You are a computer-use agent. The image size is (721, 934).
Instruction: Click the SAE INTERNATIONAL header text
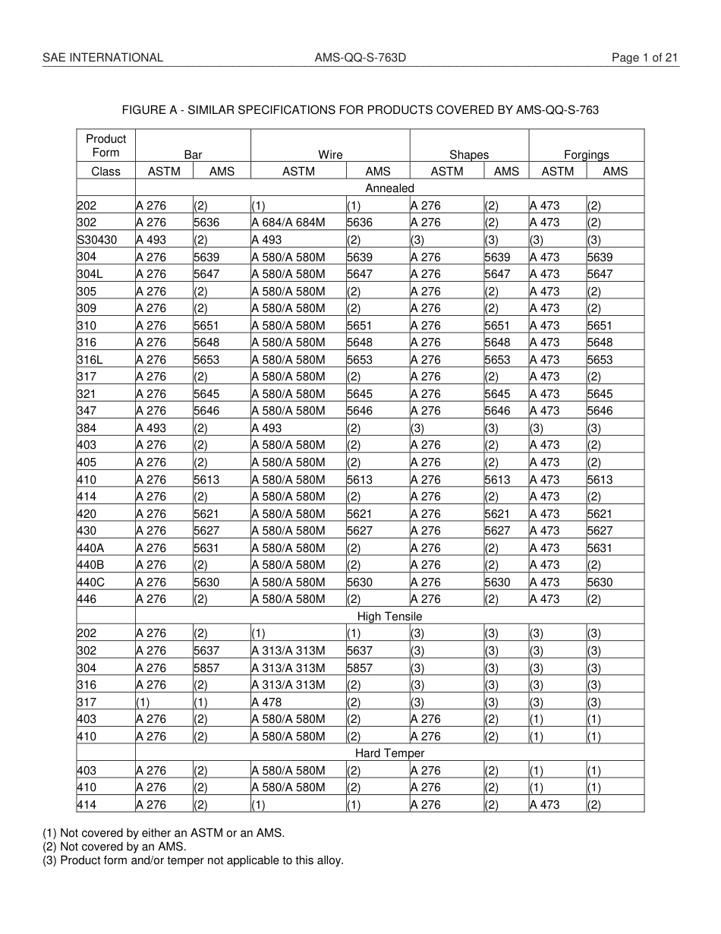pyautogui.click(x=102, y=58)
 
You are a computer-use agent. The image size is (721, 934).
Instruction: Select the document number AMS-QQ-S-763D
pyautogui.click(x=360, y=58)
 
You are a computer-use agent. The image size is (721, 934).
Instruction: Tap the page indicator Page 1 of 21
pyautogui.click(x=645, y=58)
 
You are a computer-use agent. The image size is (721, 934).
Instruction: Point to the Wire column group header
pyautogui.click(x=330, y=154)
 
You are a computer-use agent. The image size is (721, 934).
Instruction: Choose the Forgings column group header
pyautogui.click(x=586, y=154)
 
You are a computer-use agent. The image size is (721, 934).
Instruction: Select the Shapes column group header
pyautogui.click(x=469, y=154)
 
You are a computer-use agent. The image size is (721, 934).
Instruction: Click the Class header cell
pyautogui.click(x=105, y=172)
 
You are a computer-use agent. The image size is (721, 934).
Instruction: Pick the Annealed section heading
pyautogui.click(x=389, y=188)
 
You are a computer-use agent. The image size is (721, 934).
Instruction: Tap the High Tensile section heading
pyautogui.click(x=389, y=617)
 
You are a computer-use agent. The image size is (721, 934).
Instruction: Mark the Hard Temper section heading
pyautogui.click(x=389, y=753)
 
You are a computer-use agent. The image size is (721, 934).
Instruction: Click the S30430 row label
pyautogui.click(x=95, y=240)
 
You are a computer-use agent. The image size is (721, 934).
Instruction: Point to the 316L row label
pyautogui.click(x=89, y=360)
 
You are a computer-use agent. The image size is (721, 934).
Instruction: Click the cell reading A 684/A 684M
pyautogui.click(x=288, y=222)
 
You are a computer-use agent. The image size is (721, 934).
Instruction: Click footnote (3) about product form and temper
pyautogui.click(x=193, y=860)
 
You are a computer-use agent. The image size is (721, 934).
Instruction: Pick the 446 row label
pyautogui.click(x=87, y=599)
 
